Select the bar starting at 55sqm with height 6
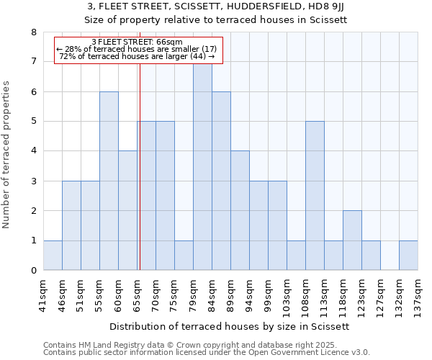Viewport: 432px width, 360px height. [109, 181]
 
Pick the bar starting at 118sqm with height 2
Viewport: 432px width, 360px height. [352, 240]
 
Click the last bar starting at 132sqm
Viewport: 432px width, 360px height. [408, 256]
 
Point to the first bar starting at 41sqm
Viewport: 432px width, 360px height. [53, 256]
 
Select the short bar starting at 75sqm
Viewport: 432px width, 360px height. [184, 256]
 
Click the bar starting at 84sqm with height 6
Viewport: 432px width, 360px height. [221, 181]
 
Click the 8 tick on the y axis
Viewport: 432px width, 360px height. [33, 32]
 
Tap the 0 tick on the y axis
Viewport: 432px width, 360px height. [33, 271]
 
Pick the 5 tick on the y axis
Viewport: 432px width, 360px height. [33, 122]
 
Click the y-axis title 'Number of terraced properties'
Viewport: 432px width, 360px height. [6, 154]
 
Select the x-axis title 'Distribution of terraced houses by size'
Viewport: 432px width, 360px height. [230, 326]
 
